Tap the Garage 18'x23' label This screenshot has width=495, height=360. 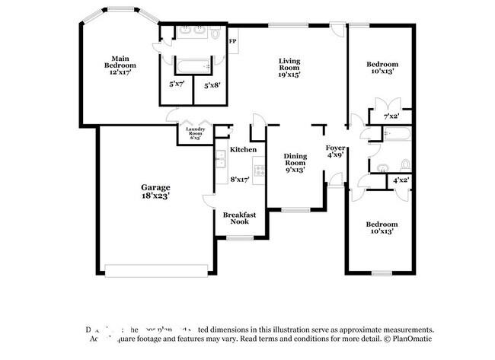tap(155, 191)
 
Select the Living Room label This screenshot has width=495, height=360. tap(289, 68)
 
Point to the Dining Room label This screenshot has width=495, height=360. tap(295, 162)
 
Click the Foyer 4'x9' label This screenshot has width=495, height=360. tap(335, 150)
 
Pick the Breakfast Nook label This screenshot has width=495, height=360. tap(238, 219)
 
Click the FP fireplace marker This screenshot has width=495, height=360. tap(232, 40)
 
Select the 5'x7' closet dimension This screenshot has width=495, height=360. tap(177, 84)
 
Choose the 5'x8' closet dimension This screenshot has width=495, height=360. tap(212, 84)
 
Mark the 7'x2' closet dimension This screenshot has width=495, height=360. tap(391, 116)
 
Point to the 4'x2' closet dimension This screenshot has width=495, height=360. tap(401, 180)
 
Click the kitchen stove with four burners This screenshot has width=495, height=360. tap(259, 171)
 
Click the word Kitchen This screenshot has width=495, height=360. tap(243, 150)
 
